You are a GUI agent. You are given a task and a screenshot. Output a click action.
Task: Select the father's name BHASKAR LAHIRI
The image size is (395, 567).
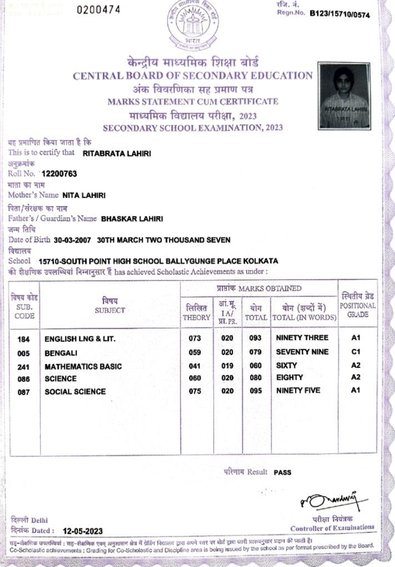[132, 219]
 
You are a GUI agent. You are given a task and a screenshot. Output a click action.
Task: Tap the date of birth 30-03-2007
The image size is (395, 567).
[73, 240]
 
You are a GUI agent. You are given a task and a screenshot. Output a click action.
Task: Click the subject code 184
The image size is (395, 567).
[24, 338]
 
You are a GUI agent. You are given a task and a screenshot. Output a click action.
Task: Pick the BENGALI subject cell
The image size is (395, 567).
[61, 353]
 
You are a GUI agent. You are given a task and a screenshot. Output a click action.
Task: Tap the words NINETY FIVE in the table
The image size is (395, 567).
[298, 391]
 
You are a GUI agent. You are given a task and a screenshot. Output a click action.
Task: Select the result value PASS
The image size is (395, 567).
[282, 473]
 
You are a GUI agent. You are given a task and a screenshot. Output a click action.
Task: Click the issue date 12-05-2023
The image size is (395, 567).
[83, 531]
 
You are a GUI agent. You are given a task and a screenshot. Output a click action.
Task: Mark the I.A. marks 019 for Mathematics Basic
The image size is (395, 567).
[227, 366]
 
